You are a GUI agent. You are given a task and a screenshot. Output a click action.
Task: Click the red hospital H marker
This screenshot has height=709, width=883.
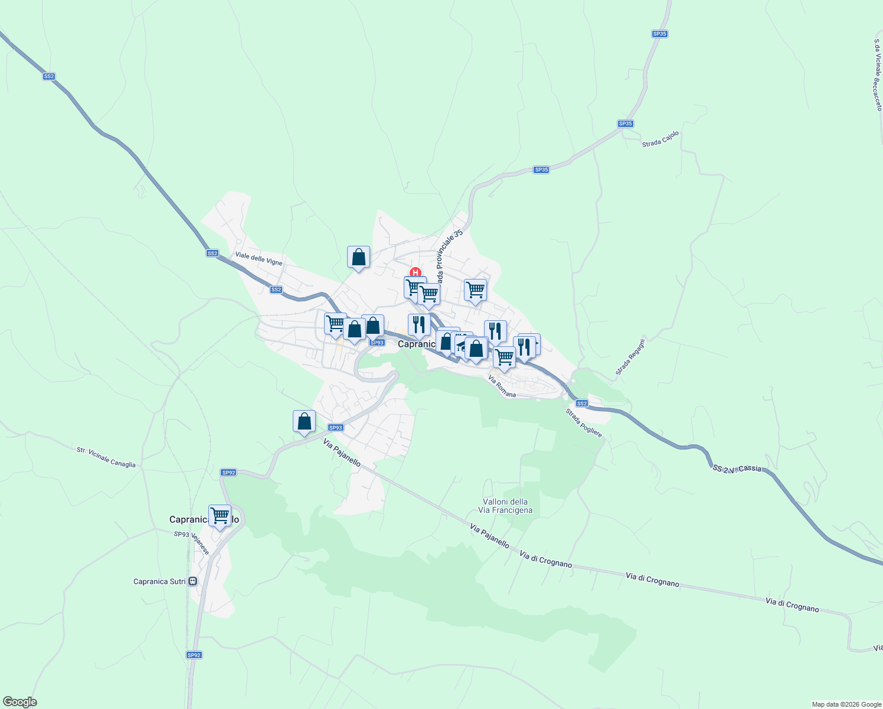tap(416, 272)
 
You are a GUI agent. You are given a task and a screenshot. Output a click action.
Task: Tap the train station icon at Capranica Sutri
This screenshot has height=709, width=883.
tap(192, 581)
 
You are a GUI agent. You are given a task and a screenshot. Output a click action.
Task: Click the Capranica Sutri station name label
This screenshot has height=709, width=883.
tap(159, 581)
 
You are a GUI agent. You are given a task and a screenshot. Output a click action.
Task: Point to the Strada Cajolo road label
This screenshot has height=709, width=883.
tap(660, 139)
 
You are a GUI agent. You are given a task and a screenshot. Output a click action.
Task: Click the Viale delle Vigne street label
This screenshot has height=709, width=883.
tap(259, 259)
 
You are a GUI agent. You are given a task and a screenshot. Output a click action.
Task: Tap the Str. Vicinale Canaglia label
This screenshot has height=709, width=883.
tap(106, 457)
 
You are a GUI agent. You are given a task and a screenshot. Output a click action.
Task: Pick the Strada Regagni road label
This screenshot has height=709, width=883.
tap(630, 357)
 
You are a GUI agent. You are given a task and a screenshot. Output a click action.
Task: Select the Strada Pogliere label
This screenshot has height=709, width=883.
tap(584, 423)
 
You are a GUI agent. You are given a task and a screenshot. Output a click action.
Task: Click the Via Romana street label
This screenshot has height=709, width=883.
tap(502, 386)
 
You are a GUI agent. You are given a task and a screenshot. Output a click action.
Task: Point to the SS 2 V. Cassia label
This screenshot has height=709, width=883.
tap(737, 469)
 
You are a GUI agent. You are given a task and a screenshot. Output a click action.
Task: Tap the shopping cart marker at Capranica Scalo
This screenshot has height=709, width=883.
tap(220, 516)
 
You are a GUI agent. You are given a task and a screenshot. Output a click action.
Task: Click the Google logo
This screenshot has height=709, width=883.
tap(19, 702)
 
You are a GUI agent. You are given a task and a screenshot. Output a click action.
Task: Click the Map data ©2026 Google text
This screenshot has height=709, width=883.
tap(846, 704)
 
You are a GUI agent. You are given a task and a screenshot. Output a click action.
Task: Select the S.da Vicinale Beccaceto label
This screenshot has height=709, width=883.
tap(877, 75)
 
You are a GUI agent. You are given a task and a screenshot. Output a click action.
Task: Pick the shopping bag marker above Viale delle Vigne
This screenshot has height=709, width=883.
tap(358, 257)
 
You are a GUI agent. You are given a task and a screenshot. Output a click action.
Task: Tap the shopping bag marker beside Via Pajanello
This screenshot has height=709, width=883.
tap(304, 421)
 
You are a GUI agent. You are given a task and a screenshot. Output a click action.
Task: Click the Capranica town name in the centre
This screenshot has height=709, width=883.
tap(417, 344)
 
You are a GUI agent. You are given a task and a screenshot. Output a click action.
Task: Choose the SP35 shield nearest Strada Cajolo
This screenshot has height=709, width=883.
tap(625, 123)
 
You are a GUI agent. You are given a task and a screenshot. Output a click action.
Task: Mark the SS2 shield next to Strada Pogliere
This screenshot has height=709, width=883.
tap(582, 403)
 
